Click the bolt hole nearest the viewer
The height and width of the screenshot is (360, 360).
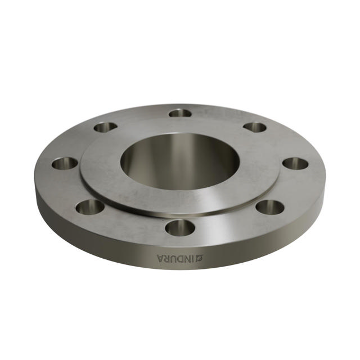click(x=180, y=227)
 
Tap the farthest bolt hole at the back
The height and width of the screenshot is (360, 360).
click(x=180, y=113)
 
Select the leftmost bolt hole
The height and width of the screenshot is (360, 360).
click(x=65, y=164)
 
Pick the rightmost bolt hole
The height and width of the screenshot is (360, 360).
click(x=295, y=164)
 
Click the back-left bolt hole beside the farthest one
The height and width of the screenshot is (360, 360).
click(x=106, y=127)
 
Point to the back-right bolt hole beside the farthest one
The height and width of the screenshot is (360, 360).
click(x=255, y=127)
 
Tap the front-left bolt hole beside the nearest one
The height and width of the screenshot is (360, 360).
click(x=90, y=206)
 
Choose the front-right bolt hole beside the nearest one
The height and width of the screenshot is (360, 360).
click(x=270, y=206)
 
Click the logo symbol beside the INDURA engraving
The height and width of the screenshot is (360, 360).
click(x=199, y=258)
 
